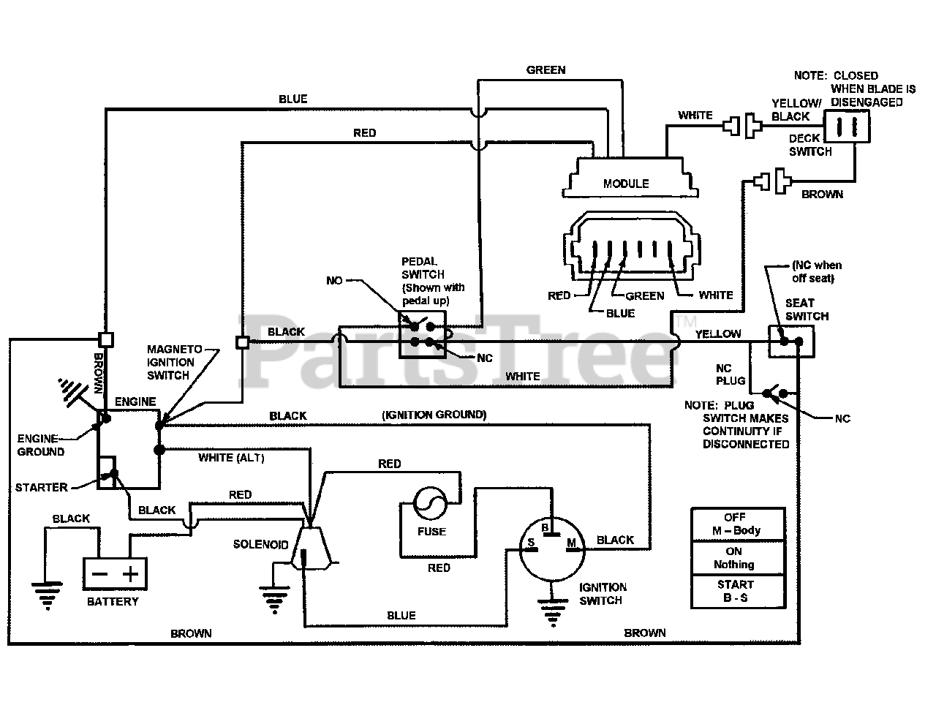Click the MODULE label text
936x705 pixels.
coord(625,184)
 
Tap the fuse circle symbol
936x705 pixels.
coord(430,503)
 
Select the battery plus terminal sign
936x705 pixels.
coord(130,573)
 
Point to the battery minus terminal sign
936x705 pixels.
coord(99,574)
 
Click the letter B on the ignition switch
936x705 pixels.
coord(545,528)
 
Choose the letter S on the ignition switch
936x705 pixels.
coord(531,543)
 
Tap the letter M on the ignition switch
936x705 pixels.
coord(571,543)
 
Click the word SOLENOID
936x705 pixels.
coord(260,545)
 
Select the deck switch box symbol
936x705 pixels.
coord(847,127)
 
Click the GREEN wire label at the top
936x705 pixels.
coord(546,70)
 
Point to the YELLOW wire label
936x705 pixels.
coord(718,334)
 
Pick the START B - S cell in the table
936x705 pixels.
coord(738,592)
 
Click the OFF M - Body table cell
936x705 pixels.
coord(738,524)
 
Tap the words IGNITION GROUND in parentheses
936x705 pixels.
coord(434,415)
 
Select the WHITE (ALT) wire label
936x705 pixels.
coord(232,458)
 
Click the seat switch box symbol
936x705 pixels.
coord(791,342)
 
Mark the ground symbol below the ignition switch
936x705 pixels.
coord(553,613)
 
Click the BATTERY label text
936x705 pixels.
coord(113,602)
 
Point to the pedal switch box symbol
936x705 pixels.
coord(422,334)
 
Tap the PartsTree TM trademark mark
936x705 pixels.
coord(686,321)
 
